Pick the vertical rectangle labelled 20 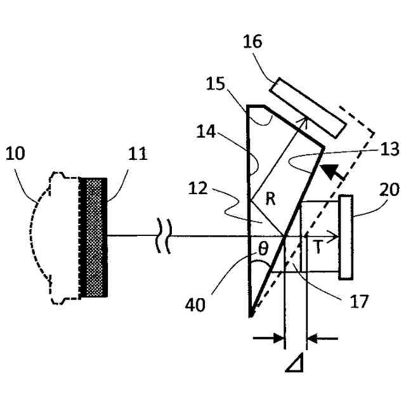pyautogui.click(x=346, y=237)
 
